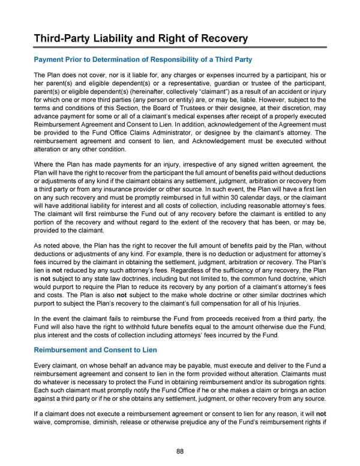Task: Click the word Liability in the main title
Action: tap(116, 39)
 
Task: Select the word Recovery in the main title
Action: tap(220, 39)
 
